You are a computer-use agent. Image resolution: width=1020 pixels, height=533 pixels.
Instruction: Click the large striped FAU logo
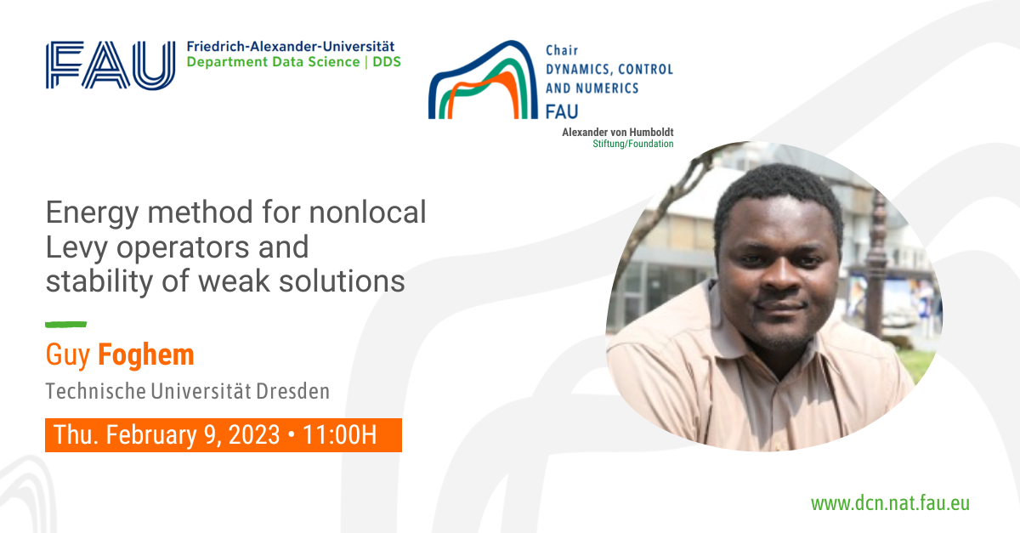click(110, 65)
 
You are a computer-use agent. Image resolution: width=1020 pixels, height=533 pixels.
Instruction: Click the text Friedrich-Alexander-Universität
click(291, 47)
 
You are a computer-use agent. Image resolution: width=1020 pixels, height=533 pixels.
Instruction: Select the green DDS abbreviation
click(387, 62)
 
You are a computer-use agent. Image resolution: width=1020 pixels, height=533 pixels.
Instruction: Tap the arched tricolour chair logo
click(483, 80)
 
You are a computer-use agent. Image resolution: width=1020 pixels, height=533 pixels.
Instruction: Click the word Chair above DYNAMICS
click(562, 50)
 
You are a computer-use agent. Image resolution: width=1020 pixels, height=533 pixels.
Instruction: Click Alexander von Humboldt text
click(617, 132)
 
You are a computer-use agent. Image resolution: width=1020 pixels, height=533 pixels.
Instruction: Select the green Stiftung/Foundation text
click(633, 144)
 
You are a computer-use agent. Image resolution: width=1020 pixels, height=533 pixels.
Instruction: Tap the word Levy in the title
click(76, 248)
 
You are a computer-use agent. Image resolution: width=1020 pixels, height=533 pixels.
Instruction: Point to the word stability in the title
click(99, 282)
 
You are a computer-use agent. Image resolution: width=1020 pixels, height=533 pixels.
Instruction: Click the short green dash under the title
click(66, 325)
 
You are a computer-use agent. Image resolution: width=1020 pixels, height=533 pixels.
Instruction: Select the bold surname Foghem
click(146, 354)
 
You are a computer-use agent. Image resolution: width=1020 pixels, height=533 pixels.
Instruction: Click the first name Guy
click(68, 356)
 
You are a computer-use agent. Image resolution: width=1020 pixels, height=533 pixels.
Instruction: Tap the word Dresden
click(292, 391)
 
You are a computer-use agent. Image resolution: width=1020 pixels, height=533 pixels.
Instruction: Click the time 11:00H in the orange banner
click(340, 434)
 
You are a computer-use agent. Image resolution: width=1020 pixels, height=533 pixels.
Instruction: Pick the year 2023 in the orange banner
click(254, 434)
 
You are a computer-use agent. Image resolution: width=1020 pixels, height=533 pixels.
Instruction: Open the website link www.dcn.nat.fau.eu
click(890, 503)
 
